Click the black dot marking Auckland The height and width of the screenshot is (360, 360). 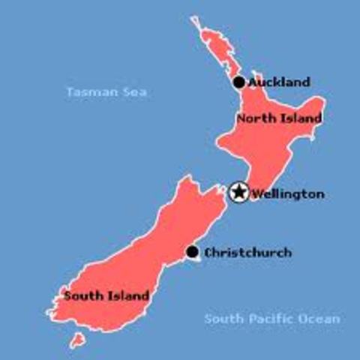tap(238, 82)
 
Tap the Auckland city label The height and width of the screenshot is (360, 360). tap(278, 82)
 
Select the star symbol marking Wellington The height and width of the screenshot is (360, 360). tap(238, 193)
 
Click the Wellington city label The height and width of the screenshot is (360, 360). tap(288, 194)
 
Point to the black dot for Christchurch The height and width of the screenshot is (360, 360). tap(192, 252)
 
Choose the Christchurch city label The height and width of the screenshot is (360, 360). tap(247, 253)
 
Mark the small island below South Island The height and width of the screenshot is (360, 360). tap(76, 341)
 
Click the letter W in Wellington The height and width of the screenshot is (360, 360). tap(257, 194)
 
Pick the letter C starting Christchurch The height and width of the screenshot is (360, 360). tap(208, 253)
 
